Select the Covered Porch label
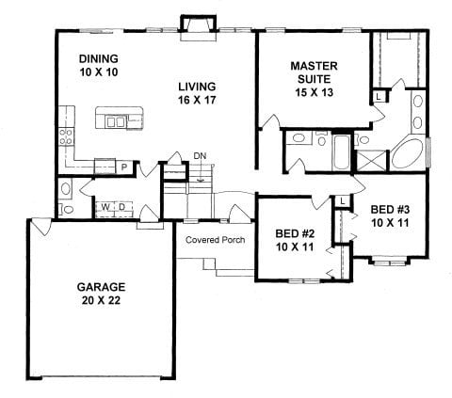coord(215,240)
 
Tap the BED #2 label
coord(294,231)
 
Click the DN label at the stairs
coord(199,155)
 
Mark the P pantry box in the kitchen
coord(124,167)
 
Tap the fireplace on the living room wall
coord(200,28)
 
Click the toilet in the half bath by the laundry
coord(65,209)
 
